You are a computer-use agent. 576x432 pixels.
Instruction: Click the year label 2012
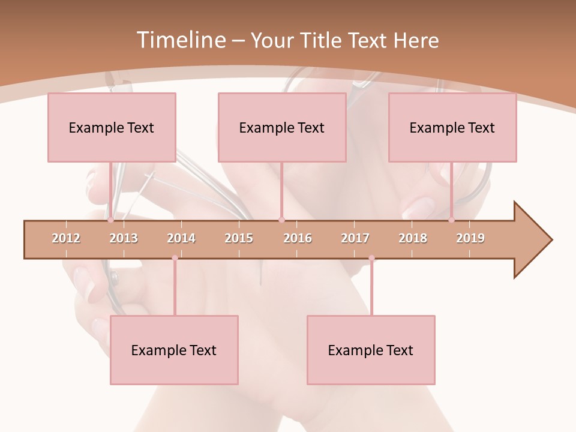[66, 238]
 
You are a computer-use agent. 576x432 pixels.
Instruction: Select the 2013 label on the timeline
[124, 238]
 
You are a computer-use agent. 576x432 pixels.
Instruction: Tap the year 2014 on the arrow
[181, 238]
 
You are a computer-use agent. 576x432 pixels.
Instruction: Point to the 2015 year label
[239, 238]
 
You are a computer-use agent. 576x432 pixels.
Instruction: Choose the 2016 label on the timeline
[298, 238]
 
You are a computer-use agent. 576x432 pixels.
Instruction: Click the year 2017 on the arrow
[355, 238]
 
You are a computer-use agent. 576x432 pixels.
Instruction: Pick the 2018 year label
[413, 238]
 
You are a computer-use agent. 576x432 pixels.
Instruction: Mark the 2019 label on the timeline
[470, 238]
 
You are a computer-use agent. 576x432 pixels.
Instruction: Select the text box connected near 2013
[112, 127]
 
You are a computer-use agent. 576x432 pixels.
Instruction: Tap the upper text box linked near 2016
[282, 127]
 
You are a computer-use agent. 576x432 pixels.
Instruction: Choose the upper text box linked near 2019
[452, 127]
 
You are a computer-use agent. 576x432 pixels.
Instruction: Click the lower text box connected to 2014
[174, 350]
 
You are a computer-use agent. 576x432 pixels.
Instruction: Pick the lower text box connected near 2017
[371, 350]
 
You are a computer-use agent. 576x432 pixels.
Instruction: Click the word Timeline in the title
[180, 40]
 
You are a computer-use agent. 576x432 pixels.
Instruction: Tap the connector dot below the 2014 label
[175, 258]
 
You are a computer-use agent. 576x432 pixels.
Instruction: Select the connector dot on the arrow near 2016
[281, 220]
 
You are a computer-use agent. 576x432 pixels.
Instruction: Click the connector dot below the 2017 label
[371, 258]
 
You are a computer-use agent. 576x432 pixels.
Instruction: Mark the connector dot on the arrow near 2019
[451, 220]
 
